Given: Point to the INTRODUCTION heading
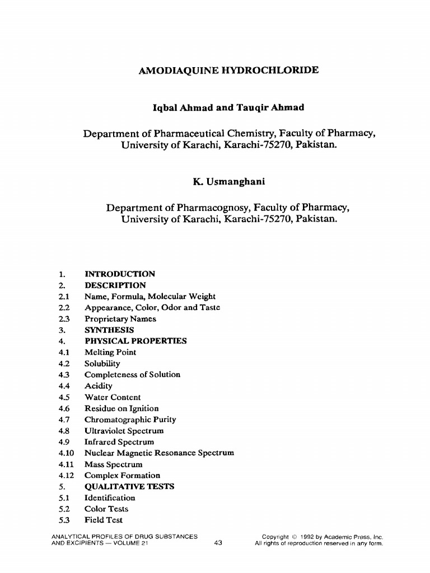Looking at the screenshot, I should pyautogui.click(x=119, y=274).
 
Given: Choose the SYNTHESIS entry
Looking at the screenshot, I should pyautogui.click(x=109, y=330).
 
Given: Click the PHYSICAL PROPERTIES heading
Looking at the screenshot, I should pyautogui.click(x=135, y=341).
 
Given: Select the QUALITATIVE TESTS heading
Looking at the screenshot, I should pyautogui.click(x=129, y=487).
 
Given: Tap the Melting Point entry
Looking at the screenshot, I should pyautogui.click(x=110, y=353).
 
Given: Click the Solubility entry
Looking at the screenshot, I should pyautogui.click(x=102, y=364).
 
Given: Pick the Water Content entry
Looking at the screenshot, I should pyautogui.click(x=113, y=397).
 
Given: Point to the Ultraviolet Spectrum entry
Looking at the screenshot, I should pyautogui.click(x=124, y=431).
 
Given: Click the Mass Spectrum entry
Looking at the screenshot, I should pyautogui.click(x=113, y=464).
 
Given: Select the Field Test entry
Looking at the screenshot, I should pyautogui.click(x=103, y=520).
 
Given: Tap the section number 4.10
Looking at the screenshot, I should pyautogui.click(x=66, y=453).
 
